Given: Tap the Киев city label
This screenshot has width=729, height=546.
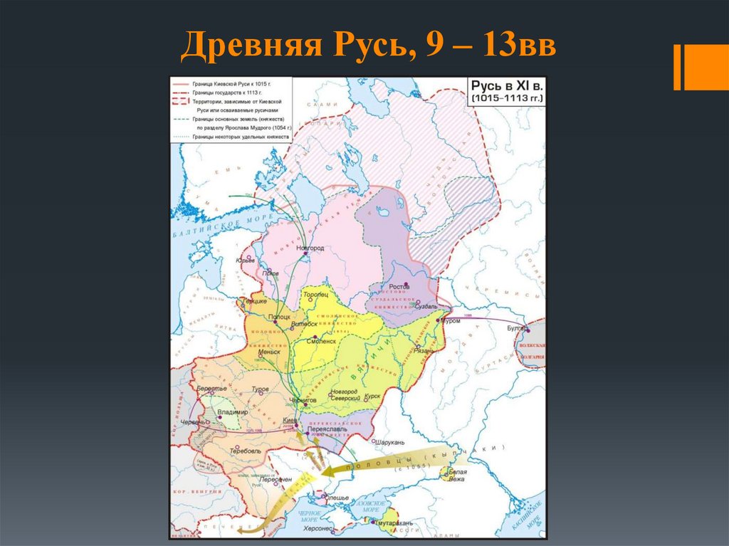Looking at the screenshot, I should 289,421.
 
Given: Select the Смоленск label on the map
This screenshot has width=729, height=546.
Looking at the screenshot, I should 320,341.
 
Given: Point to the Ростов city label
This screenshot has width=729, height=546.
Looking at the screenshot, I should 399,287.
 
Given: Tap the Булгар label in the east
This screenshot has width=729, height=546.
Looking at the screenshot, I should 518,328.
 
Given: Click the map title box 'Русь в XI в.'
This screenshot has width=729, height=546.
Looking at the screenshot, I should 502,90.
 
